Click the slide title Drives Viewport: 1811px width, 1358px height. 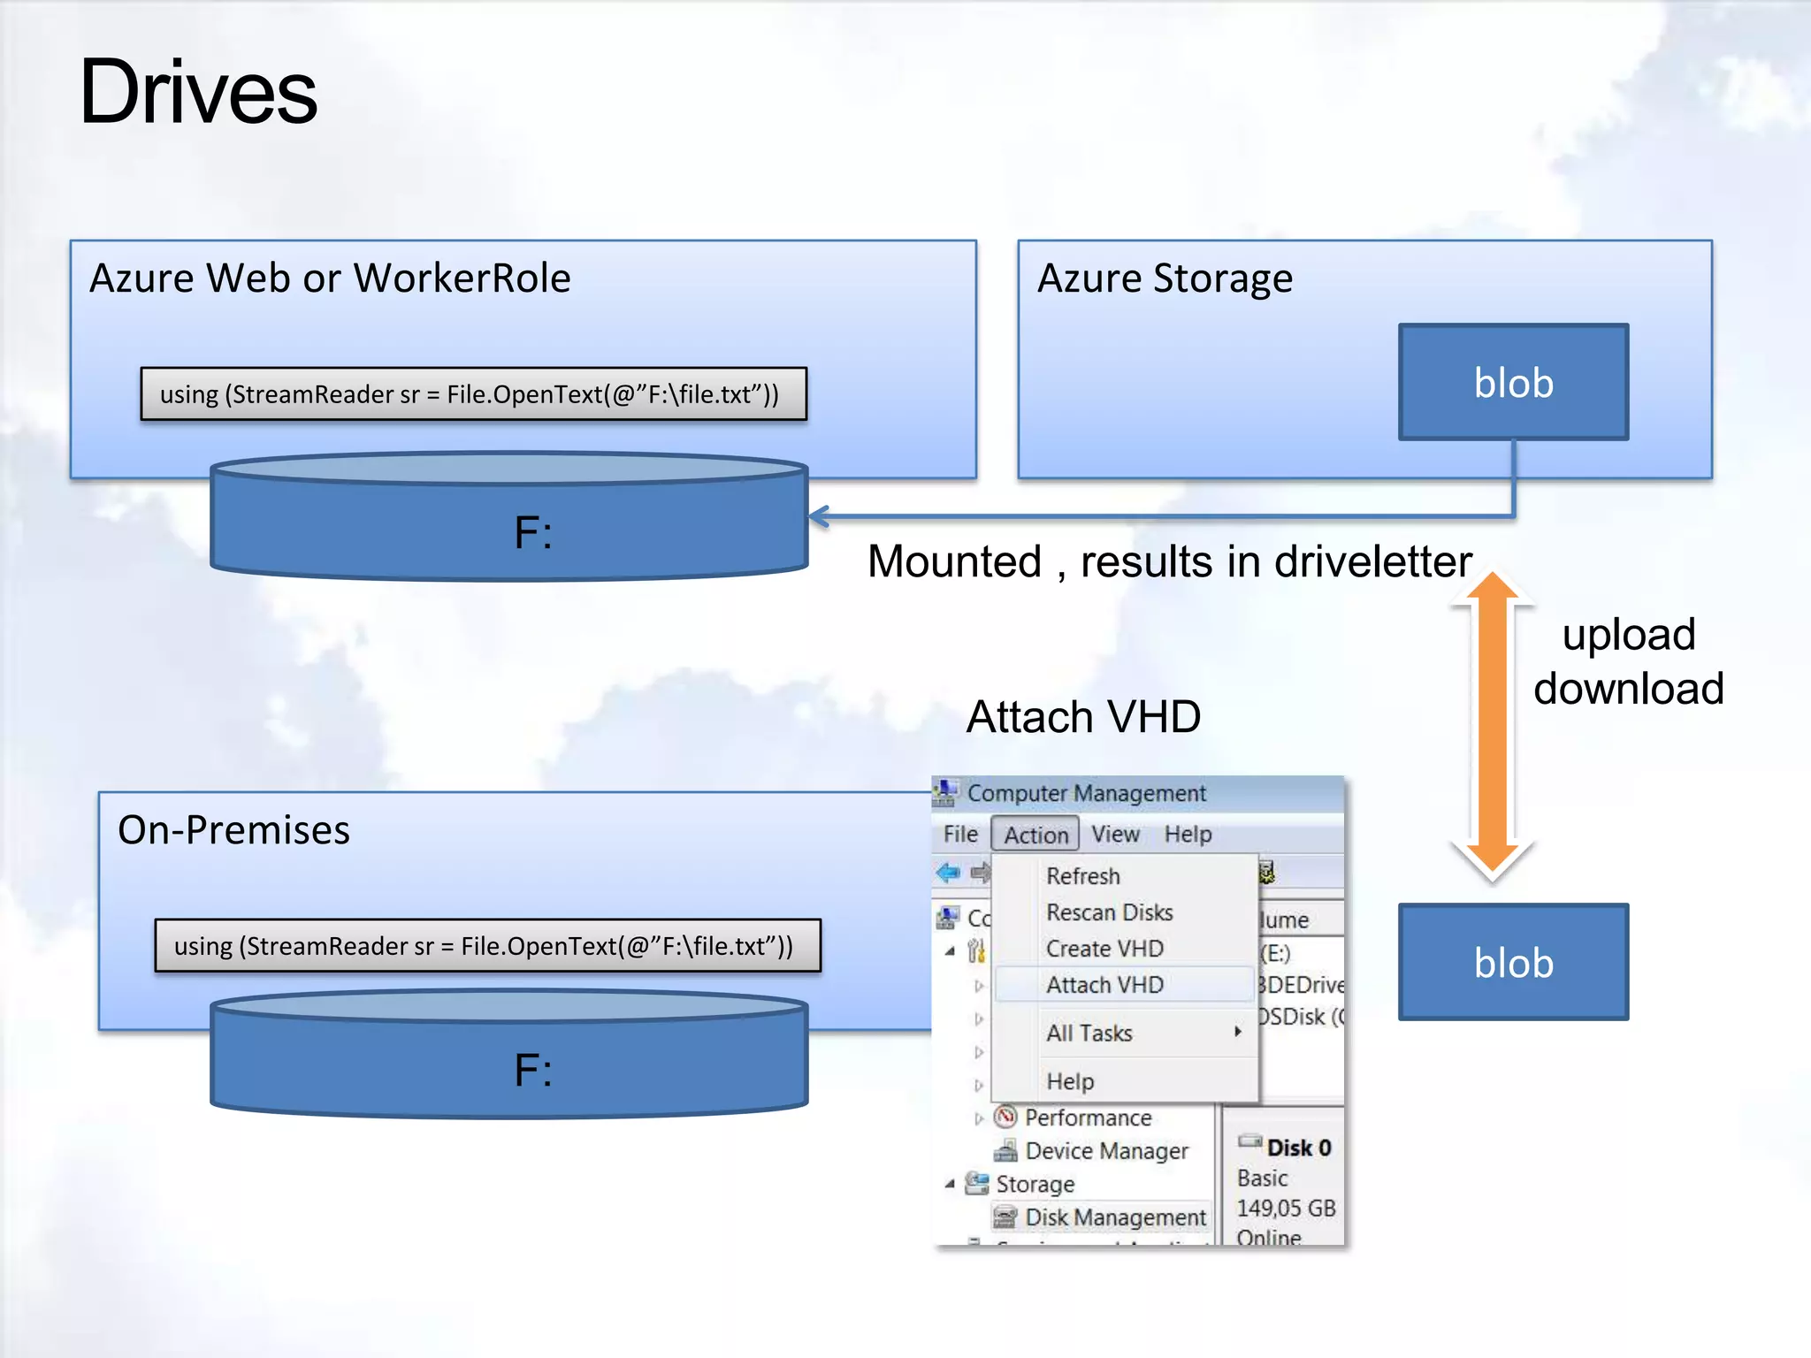[x=198, y=92]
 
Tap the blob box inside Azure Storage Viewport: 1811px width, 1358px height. [x=1513, y=382]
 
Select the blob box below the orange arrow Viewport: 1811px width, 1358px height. [x=1513, y=962]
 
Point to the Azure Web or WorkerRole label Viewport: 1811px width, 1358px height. [x=330, y=278]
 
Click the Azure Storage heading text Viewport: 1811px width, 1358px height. [x=1165, y=278]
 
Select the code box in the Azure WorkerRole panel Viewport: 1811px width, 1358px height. [x=473, y=394]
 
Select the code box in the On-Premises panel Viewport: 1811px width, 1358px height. [x=487, y=946]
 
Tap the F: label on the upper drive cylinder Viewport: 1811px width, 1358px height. [x=533, y=533]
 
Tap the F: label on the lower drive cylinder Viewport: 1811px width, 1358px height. [x=533, y=1071]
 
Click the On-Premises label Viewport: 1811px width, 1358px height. [x=233, y=830]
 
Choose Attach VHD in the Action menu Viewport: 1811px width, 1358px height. [x=1104, y=985]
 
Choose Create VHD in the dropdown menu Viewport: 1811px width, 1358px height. [x=1104, y=949]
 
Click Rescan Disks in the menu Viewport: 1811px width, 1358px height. [x=1109, y=912]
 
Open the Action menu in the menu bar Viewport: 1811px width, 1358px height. [x=1035, y=835]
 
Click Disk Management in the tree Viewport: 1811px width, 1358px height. [x=1114, y=1217]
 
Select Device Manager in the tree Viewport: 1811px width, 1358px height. [x=1105, y=1151]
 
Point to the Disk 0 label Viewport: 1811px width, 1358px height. [x=1297, y=1148]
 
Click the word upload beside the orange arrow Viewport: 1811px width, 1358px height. [x=1629, y=635]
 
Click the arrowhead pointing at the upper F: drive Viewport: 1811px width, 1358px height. [x=819, y=516]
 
